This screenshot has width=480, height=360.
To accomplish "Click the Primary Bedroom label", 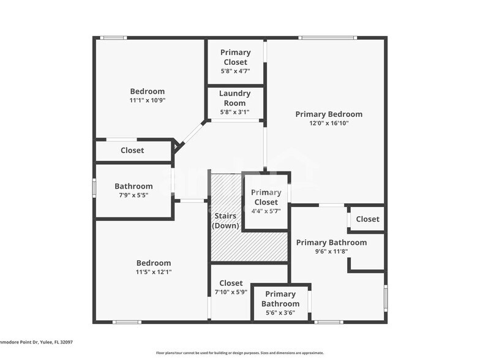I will tap(329, 114).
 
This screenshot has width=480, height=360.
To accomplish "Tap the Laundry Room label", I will tap(235, 98).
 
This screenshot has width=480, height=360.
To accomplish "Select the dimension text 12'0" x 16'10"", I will tap(329, 123).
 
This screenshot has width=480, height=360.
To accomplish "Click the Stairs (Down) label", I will tap(225, 220).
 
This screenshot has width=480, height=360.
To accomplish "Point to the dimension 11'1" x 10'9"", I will tap(147, 100).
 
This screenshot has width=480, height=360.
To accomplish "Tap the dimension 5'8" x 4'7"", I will tap(235, 71).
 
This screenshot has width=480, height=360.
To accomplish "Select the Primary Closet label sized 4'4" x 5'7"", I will tap(266, 197).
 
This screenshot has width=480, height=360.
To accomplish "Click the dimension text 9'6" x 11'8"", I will tap(331, 252).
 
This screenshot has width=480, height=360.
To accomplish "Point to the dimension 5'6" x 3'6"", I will tap(280, 313).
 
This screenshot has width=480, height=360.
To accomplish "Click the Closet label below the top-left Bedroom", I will tap(132, 150).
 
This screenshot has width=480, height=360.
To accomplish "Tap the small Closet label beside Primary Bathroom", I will tap(367, 219).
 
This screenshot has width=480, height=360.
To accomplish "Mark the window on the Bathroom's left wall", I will tap(94, 187).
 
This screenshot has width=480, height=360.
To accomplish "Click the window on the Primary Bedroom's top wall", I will tap(328, 38).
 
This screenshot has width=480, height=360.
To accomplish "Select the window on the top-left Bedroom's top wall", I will tap(113, 38).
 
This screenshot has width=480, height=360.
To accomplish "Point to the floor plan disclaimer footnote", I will tap(239, 353).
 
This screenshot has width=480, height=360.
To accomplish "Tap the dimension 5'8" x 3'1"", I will tap(235, 112).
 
